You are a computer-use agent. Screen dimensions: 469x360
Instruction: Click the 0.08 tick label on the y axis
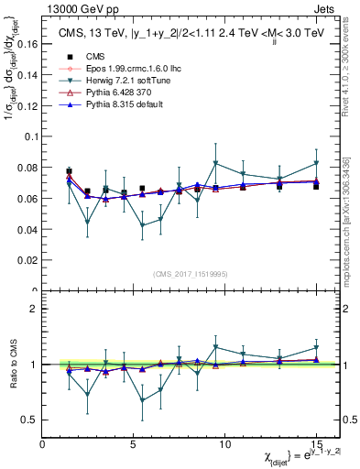tap(29, 168)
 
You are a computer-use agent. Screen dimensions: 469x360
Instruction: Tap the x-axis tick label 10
tap(224, 444)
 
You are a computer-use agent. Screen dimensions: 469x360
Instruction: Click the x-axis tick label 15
tap(316, 444)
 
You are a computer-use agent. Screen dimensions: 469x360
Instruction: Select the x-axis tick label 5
tap(134, 444)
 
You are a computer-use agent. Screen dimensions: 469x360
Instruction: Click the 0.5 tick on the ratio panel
tap(31, 420)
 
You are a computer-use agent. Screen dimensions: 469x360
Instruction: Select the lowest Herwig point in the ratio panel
tap(142, 399)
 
